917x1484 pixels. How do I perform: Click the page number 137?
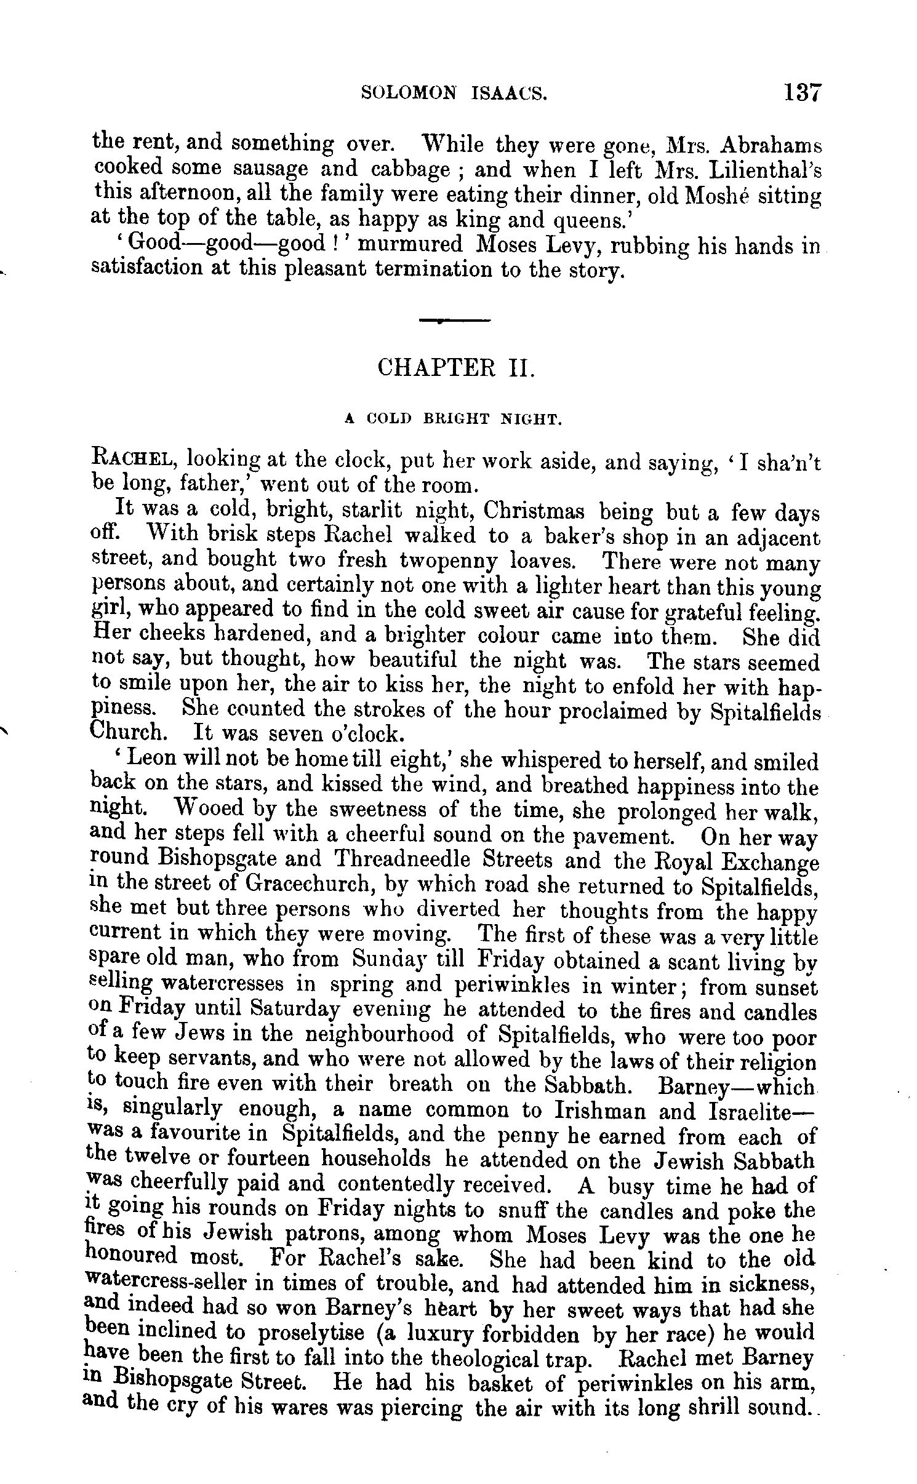pyautogui.click(x=803, y=92)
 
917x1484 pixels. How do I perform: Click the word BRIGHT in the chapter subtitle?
pyautogui.click(x=457, y=420)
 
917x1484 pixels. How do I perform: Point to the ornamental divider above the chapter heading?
pyautogui.click(x=454, y=321)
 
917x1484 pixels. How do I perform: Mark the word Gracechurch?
pyautogui.click(x=308, y=884)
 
